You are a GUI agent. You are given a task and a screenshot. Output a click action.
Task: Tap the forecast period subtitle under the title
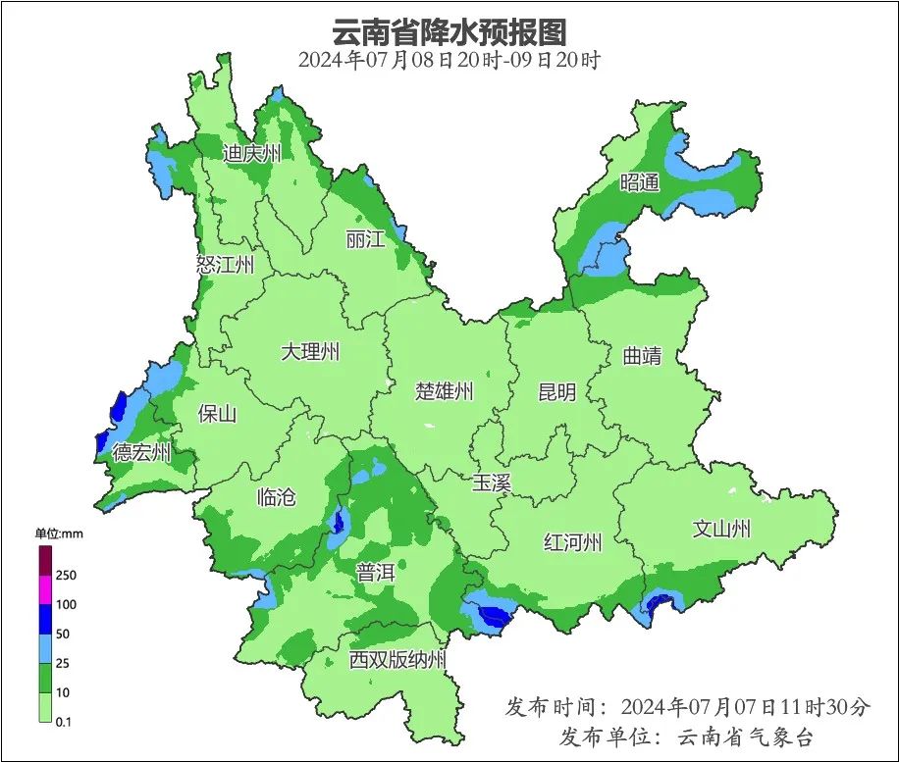(449, 59)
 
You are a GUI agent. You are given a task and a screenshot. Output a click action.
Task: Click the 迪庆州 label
(252, 153)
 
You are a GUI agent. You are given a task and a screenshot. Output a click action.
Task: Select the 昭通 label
(640, 182)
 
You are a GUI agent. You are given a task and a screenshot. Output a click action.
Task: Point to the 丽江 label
(365, 238)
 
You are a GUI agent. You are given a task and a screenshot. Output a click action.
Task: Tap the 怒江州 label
(225, 265)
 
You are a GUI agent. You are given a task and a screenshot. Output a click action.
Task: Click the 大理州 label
(310, 351)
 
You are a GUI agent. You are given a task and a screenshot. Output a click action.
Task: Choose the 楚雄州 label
(444, 392)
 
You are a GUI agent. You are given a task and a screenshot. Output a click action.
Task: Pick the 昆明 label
(557, 392)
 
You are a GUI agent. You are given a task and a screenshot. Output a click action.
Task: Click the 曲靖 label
(642, 356)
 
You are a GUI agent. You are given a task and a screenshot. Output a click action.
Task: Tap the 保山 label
(217, 414)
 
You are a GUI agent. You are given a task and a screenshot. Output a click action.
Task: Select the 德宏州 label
(141, 453)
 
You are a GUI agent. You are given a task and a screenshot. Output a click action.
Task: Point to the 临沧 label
(275, 496)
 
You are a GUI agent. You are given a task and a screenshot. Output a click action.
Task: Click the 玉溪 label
(491, 483)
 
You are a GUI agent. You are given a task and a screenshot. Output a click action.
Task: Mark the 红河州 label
(573, 542)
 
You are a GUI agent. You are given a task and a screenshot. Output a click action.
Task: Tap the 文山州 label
(721, 530)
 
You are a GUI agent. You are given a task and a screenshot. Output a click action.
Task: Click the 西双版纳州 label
(397, 659)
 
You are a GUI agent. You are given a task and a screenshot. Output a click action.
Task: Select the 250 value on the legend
(67, 575)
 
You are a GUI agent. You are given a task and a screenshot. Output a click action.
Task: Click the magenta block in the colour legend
(44, 589)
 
